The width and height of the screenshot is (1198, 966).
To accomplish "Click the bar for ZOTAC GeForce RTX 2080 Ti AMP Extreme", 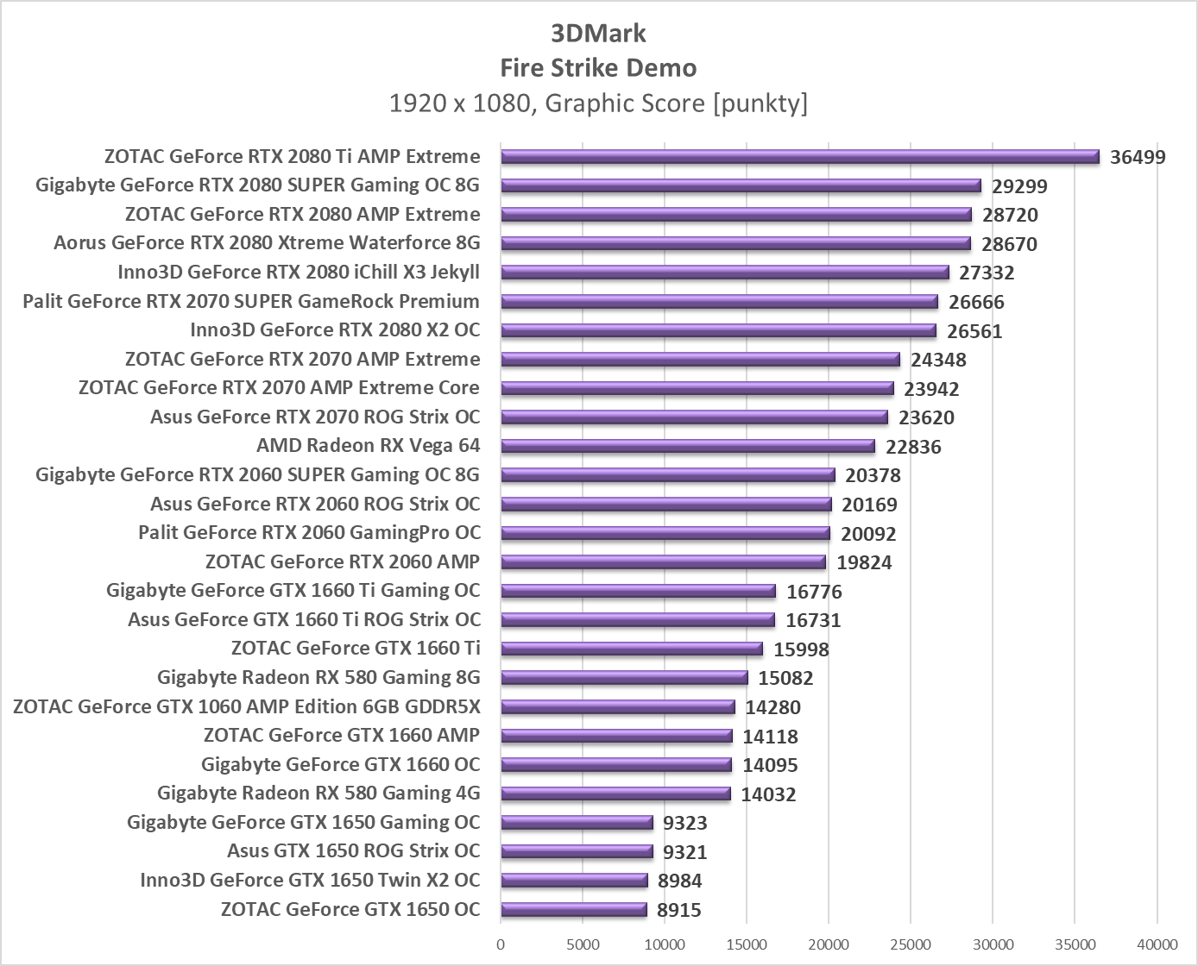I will click(x=799, y=157).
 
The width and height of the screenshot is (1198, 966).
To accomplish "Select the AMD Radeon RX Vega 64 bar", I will click(x=687, y=447).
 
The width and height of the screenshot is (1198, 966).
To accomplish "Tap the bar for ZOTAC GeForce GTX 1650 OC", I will click(x=573, y=909).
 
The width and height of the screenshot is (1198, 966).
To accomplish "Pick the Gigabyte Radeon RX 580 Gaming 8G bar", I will click(x=623, y=678).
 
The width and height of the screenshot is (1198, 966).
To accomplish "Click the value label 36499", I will click(x=1138, y=157).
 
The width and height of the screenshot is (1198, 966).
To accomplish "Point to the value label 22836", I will click(x=913, y=447).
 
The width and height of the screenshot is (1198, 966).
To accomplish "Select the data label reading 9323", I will click(x=684, y=823).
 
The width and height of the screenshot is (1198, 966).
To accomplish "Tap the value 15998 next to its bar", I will click(x=801, y=649).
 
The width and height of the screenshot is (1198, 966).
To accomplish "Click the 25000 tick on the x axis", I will click(x=911, y=944).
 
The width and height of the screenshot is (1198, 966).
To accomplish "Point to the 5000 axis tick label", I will click(x=583, y=944).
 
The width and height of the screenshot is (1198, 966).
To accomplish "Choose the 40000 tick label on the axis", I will click(x=1157, y=944).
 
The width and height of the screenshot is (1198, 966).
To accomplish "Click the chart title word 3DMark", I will click(x=598, y=34).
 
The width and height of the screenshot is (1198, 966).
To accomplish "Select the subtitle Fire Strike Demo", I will click(x=598, y=68).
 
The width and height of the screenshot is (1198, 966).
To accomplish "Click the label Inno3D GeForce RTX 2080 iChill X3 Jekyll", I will click(x=299, y=273).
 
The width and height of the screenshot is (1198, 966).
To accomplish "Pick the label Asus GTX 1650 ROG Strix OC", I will click(x=353, y=851).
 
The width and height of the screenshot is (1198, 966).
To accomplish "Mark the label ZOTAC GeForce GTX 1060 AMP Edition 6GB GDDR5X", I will click(x=247, y=707).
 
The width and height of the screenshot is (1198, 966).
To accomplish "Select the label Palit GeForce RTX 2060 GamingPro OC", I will click(x=309, y=533).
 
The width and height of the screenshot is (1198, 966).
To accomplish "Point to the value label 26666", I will click(x=976, y=302).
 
